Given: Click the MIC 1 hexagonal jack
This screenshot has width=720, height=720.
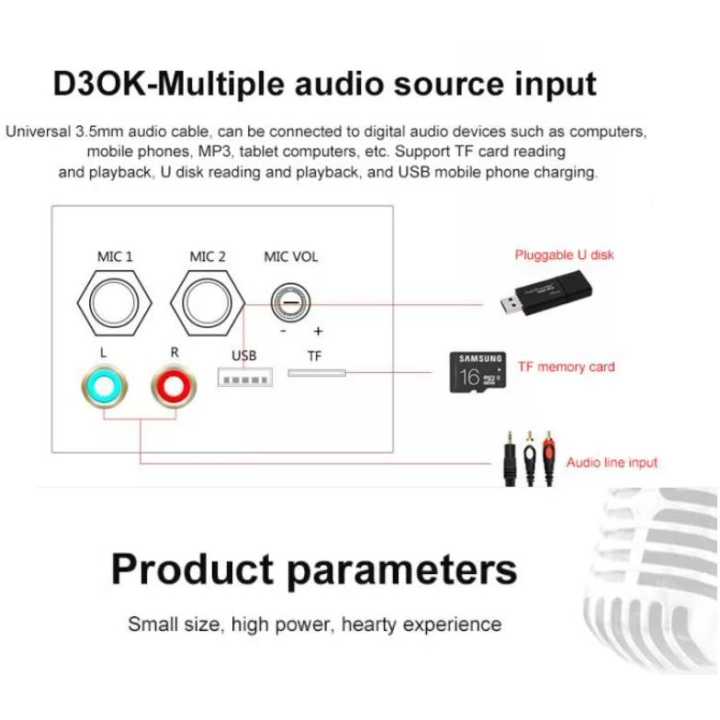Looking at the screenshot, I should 115,305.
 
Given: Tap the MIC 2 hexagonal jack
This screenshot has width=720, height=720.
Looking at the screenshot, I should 208,305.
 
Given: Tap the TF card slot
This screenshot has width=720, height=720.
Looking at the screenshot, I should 317,373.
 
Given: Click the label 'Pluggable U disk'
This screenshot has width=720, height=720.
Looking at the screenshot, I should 564,254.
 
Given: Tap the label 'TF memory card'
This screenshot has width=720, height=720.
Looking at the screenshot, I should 567,367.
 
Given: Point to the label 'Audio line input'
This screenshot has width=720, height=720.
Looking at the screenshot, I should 612,462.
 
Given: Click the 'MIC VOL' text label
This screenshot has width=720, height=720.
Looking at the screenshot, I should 291,257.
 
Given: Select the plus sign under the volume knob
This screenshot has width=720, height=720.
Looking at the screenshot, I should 318,332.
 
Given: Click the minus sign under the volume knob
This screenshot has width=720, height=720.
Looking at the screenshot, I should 284,332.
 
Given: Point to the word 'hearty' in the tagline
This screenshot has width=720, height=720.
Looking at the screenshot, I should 374,624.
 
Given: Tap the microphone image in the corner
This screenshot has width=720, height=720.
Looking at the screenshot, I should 652,569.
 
